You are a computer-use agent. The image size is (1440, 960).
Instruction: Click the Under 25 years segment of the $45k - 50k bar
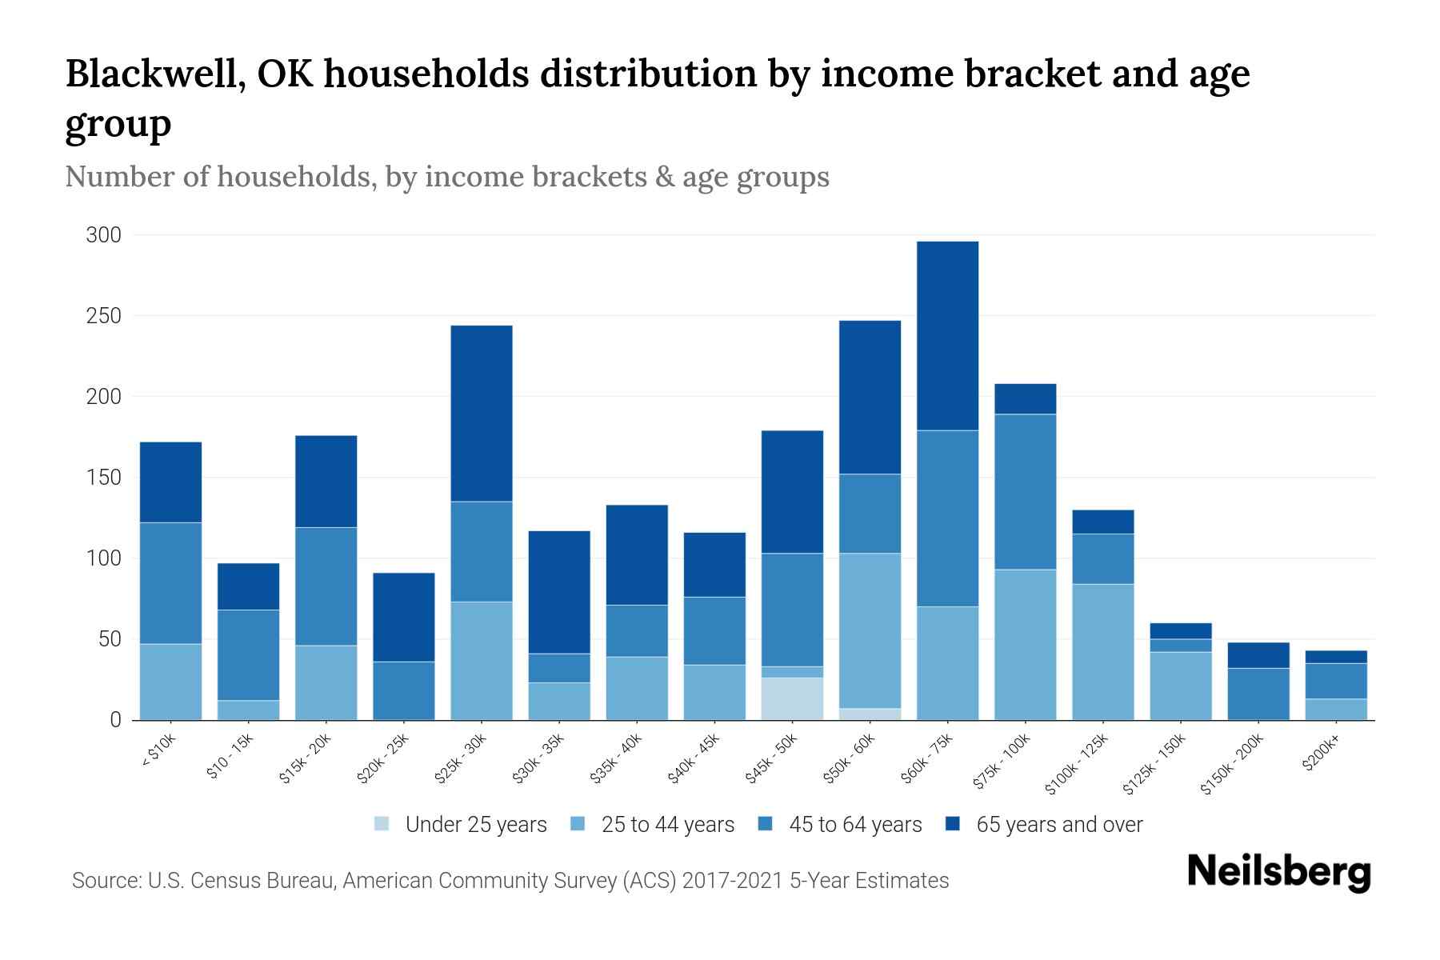click(792, 698)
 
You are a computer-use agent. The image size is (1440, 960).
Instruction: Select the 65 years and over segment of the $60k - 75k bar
click(947, 336)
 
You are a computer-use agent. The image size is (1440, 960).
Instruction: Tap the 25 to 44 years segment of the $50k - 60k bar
click(870, 630)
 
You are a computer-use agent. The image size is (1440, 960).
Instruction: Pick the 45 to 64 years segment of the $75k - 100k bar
click(1025, 492)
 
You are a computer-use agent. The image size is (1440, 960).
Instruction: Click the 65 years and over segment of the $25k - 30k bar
click(482, 414)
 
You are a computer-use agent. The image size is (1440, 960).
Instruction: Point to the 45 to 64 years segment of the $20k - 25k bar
click(404, 690)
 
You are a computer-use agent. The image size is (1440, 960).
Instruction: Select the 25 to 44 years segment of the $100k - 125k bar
click(1102, 652)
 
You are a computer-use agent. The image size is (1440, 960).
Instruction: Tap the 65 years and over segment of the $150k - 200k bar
click(1258, 655)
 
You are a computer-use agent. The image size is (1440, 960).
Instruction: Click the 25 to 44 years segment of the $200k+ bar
click(1336, 710)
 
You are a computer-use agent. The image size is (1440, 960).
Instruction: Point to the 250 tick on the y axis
click(104, 316)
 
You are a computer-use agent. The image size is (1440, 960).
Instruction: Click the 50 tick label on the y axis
click(110, 639)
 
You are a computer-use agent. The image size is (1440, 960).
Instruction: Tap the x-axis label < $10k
click(158, 753)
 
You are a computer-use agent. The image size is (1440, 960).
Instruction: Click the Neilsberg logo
click(1278, 873)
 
